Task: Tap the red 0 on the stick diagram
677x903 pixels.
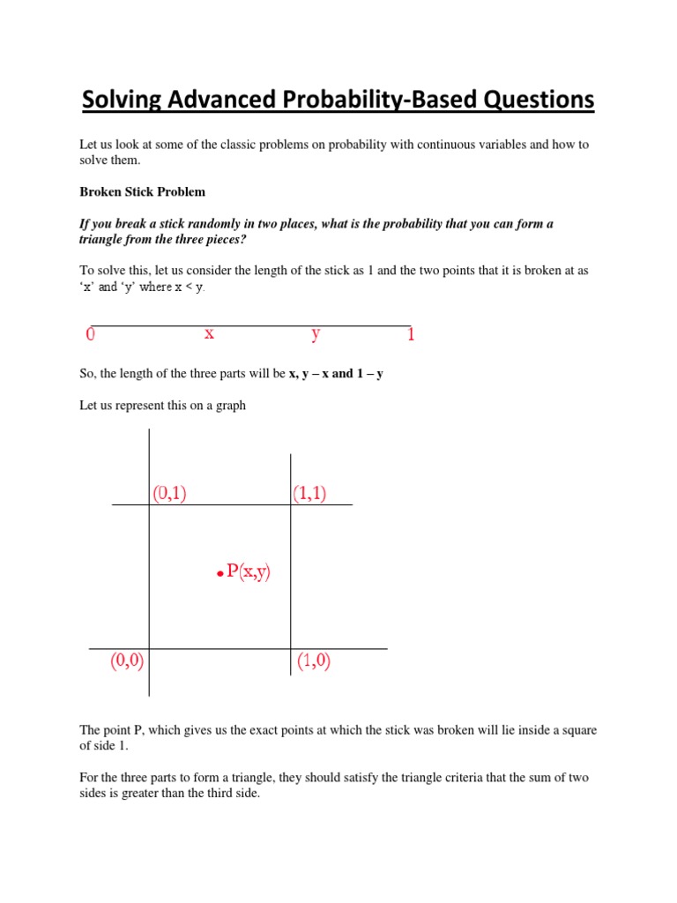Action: coord(90,335)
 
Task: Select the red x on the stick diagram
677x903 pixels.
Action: coord(209,333)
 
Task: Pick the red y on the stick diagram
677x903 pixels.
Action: coord(316,334)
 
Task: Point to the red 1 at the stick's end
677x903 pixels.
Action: coord(411,335)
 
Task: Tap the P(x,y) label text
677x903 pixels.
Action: coord(249,571)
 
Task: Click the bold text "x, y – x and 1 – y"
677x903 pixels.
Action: coord(336,374)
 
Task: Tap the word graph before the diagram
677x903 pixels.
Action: coord(229,406)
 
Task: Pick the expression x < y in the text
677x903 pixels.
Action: coord(189,287)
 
